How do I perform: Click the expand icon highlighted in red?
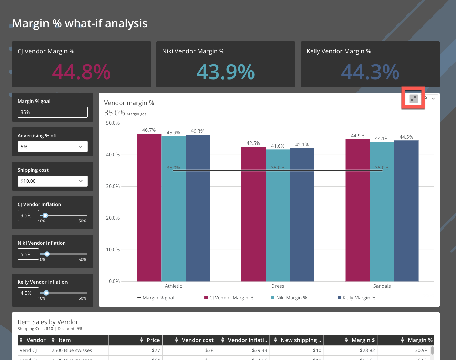tap(413, 99)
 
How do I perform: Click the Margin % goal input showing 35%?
tap(52, 112)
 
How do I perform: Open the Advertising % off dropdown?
tap(52, 147)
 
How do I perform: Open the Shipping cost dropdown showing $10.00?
tap(52, 181)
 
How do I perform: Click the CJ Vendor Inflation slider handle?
tap(45, 215)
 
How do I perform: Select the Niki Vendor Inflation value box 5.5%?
tap(28, 254)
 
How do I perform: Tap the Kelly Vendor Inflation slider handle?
tap(46, 293)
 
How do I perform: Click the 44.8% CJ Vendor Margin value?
tap(81, 72)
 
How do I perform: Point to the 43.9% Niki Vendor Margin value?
tap(226, 72)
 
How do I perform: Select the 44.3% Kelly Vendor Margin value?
tap(370, 72)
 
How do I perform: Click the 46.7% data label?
tap(149, 130)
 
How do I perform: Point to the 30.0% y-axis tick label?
tap(113, 186)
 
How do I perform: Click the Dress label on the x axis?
tap(278, 286)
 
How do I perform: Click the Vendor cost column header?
tap(197, 340)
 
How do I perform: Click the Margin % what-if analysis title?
tap(80, 23)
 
